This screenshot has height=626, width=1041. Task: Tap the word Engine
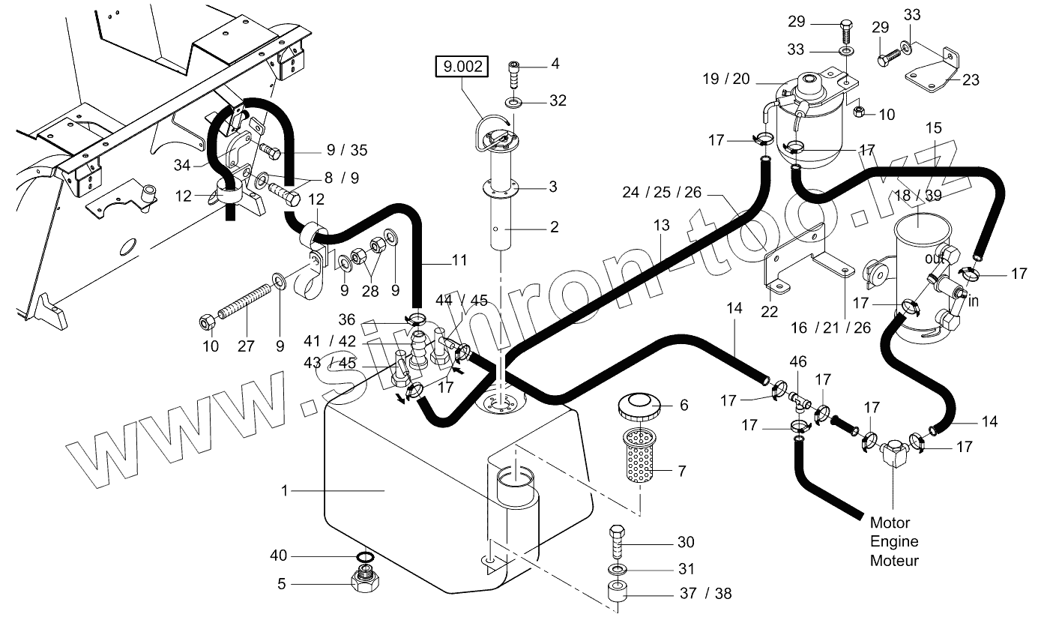coord(894,541)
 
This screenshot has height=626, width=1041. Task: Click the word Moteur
coord(894,560)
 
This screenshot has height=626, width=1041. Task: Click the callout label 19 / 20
coord(729,79)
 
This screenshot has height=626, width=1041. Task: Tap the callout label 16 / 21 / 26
coord(831,328)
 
